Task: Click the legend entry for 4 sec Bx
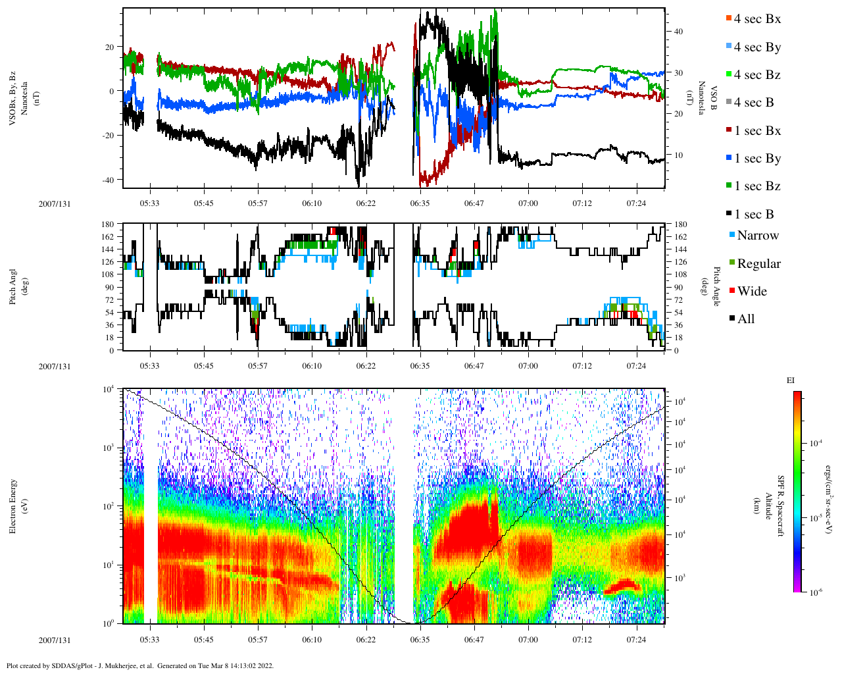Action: click(757, 19)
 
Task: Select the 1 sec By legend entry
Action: click(757, 159)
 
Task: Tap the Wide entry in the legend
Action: click(752, 292)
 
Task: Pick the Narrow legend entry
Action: click(757, 236)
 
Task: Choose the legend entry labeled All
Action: click(745, 319)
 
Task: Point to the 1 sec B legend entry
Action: click(754, 215)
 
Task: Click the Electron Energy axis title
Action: click(12, 505)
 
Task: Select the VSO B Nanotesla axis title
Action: click(708, 99)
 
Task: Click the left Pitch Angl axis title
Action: click(12, 287)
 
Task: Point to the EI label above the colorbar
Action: click(791, 380)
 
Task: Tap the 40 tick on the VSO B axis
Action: click(678, 32)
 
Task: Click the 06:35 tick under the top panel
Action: click(420, 203)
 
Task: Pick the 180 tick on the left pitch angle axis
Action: click(108, 224)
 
